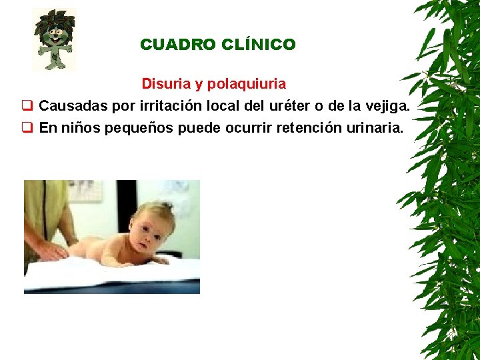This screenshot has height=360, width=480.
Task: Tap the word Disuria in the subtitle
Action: [x=165, y=84]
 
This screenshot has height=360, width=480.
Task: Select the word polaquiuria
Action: [x=247, y=84]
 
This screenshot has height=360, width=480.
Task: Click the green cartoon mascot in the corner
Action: [x=55, y=40]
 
